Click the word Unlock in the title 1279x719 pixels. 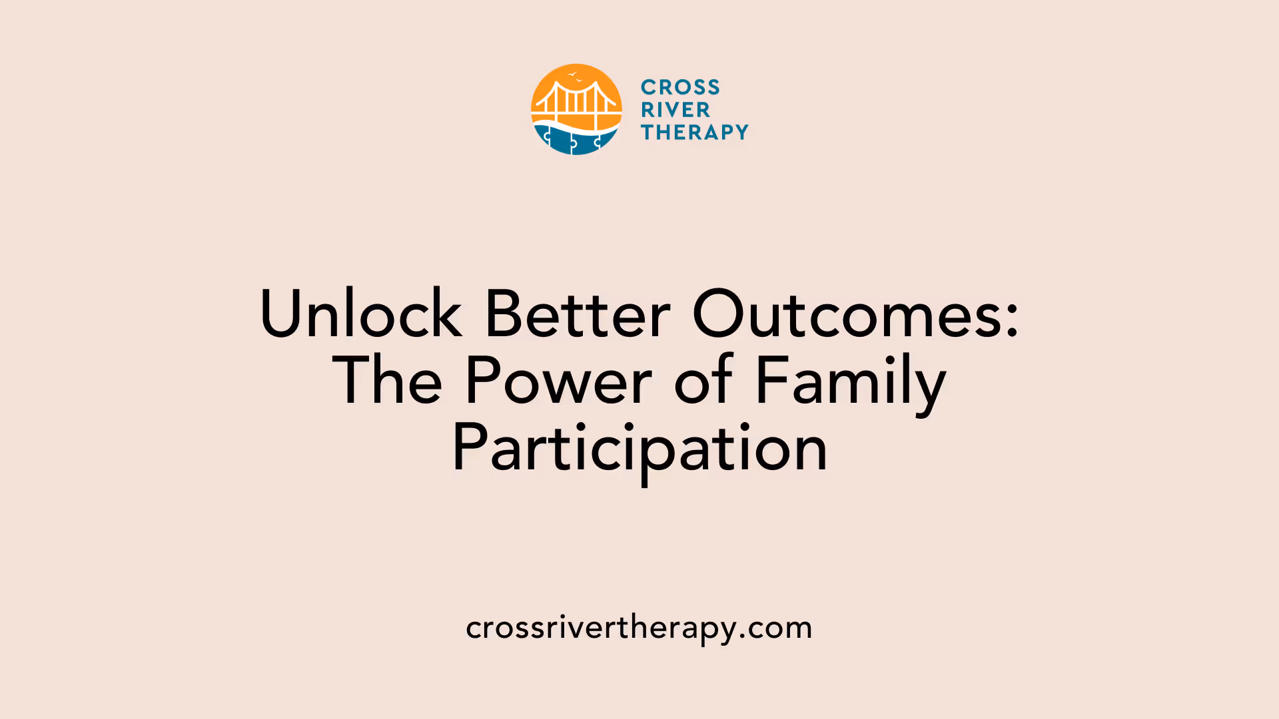pos(360,314)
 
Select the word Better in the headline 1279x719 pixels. pos(578,314)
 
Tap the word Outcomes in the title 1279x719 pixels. pos(846,314)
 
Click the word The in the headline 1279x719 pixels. pos(387,381)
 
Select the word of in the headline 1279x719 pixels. pos(703,381)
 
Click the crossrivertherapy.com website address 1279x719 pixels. pos(639,628)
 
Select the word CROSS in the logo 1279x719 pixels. pos(680,87)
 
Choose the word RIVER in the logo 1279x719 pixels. pos(675,110)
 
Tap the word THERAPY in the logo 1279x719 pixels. pos(695,132)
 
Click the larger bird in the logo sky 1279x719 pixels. pos(572,74)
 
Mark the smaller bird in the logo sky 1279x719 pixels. pos(580,81)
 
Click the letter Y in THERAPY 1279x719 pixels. pos(741,132)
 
